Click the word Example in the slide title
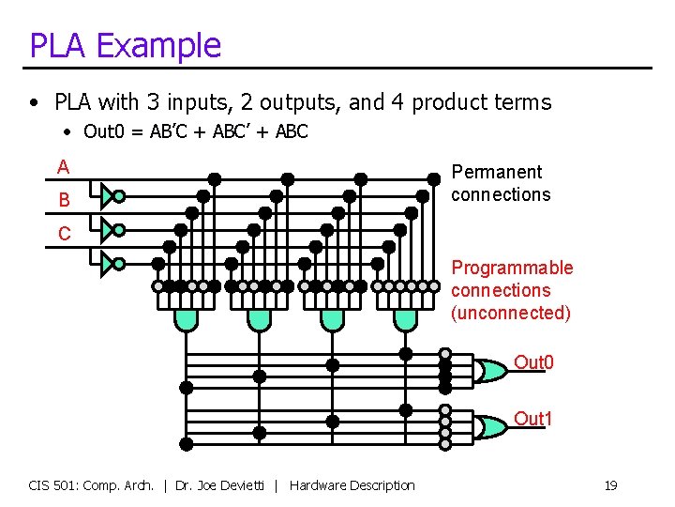click(x=158, y=46)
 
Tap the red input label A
click(x=63, y=167)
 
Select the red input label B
click(x=64, y=200)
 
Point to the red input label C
click(x=64, y=234)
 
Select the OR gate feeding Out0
click(x=489, y=371)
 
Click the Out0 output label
click(x=533, y=362)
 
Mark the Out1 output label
click(x=533, y=419)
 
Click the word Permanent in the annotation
click(x=497, y=172)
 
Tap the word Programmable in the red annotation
click(x=512, y=268)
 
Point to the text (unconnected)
click(x=511, y=313)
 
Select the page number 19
click(x=610, y=485)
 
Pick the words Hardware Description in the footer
click(x=352, y=485)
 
